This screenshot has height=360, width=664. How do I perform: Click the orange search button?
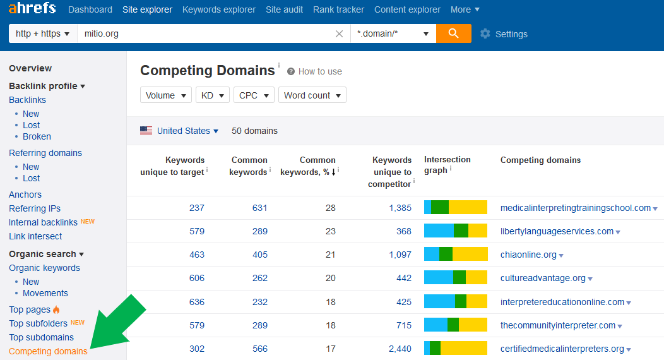pos(454,33)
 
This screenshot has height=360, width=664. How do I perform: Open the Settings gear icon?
pos(485,34)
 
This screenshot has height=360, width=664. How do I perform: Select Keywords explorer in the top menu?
pos(219,9)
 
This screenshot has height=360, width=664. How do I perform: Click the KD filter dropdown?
pos(213,95)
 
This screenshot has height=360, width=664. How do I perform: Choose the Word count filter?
pos(312,95)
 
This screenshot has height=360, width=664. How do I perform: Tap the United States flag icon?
pos(146,131)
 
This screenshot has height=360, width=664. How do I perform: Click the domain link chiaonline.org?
pos(528,255)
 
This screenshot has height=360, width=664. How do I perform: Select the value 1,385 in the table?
pos(400,208)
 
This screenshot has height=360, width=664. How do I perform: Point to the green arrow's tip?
pos(91,348)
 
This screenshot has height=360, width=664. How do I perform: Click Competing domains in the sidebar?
pos(48,351)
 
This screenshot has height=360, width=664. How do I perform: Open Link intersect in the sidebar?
pos(35,236)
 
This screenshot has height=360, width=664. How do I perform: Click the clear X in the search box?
pos(339,34)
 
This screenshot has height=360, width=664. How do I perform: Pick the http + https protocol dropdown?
pos(43,33)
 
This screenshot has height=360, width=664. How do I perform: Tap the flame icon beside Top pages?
pos(56,309)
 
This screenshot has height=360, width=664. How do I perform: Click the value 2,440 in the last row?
pos(400,349)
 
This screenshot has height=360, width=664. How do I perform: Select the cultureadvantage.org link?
pos(543,278)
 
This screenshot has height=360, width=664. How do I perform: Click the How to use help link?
pos(314,71)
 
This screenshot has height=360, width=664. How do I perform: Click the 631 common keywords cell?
pos(259,208)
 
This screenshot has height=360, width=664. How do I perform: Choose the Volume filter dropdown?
pos(166,95)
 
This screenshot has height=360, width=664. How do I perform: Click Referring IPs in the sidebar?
pos(35,208)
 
